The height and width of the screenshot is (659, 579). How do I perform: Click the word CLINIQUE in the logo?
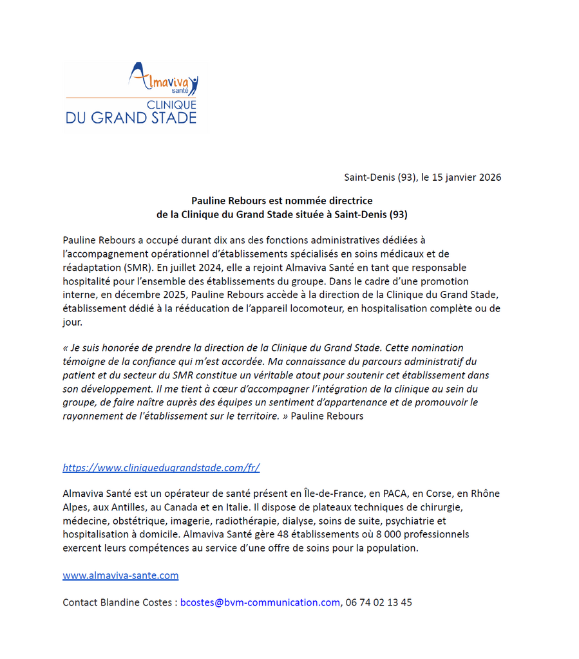pos(172,105)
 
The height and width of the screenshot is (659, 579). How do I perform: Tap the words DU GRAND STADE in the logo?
pos(131,118)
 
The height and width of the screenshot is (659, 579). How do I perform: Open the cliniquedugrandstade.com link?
pos(161,468)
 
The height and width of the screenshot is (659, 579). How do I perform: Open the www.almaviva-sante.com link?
pos(120,575)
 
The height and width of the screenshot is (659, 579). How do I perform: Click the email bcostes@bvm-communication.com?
pos(260,602)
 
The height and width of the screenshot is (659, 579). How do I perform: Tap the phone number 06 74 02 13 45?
pos(379,602)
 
